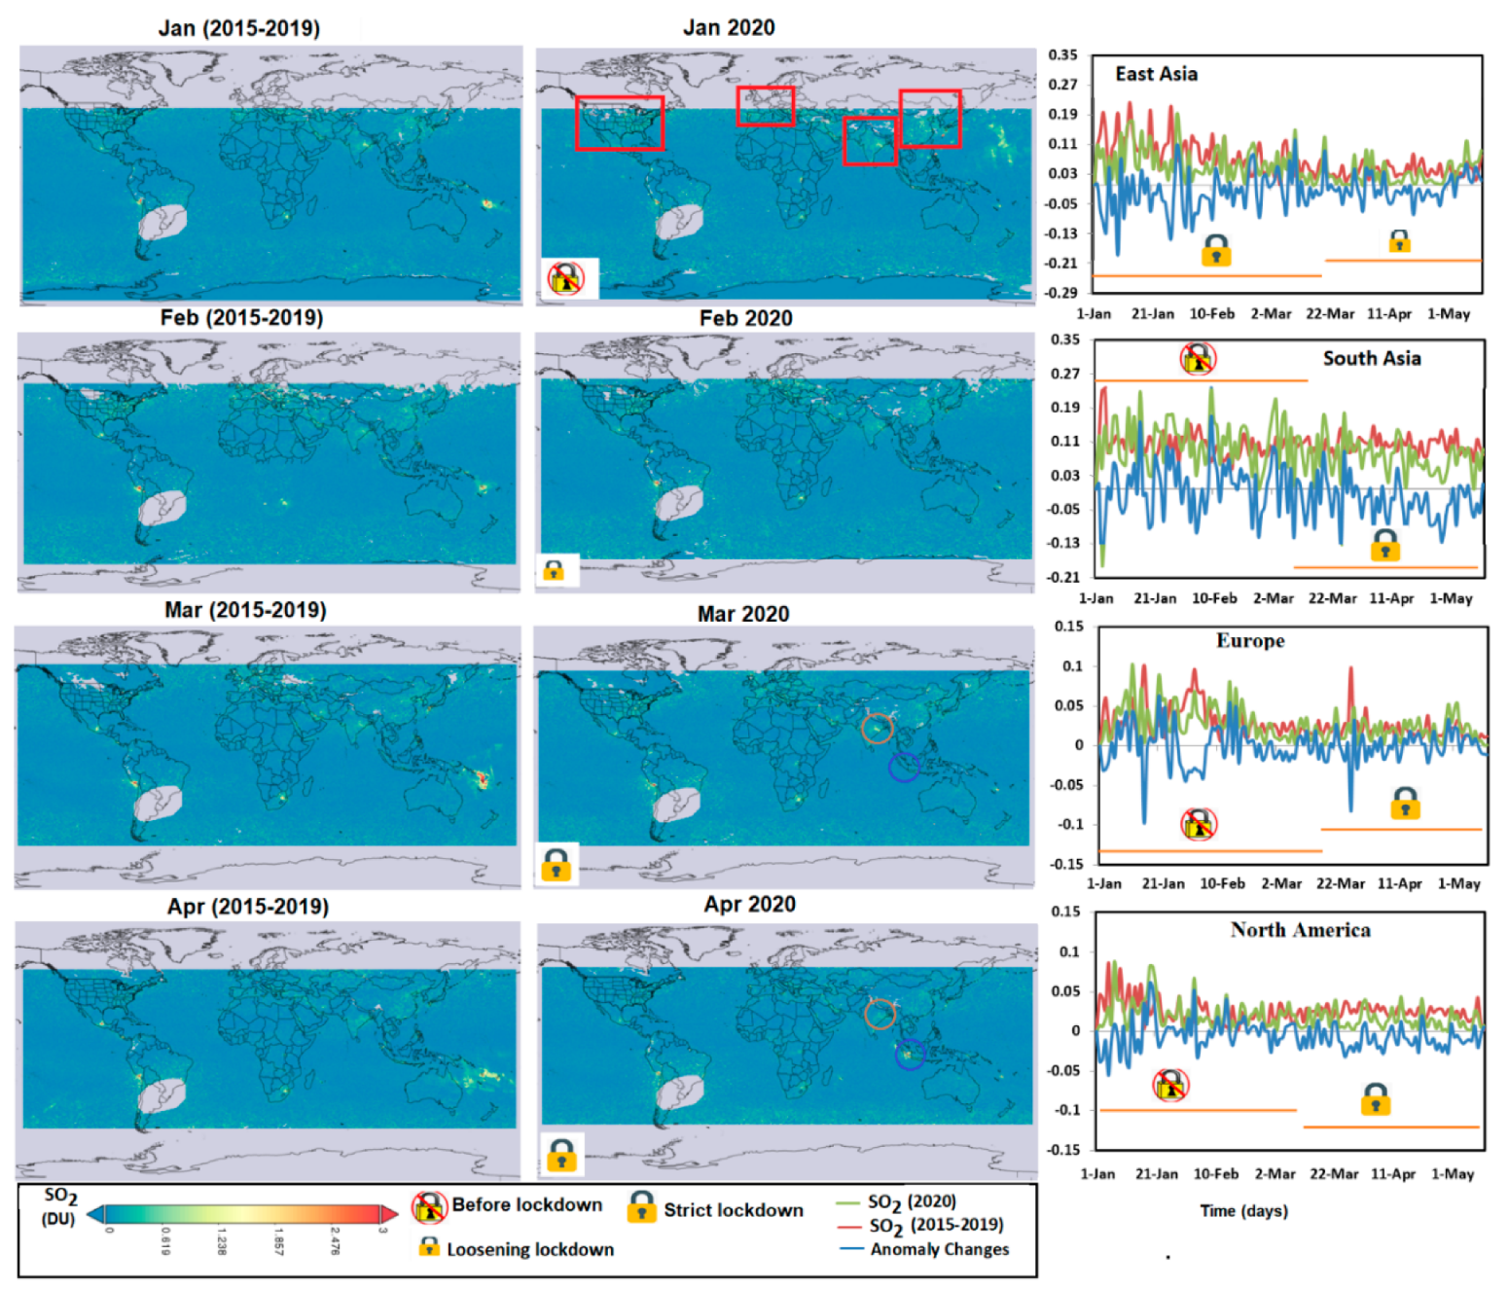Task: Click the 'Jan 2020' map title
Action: [x=728, y=27]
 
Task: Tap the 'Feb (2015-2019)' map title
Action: [x=241, y=317]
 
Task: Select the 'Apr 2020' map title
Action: [x=749, y=904]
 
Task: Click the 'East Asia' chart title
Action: [x=1156, y=74]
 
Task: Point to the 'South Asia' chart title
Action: [x=1371, y=358]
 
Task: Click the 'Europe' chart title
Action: [x=1249, y=640]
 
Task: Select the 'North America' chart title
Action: [x=1300, y=929]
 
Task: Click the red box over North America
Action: [x=620, y=123]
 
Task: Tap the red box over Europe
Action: [x=765, y=106]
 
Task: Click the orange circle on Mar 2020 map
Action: [x=877, y=728]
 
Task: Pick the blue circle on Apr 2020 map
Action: [x=909, y=1055]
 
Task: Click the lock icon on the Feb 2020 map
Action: [x=554, y=570]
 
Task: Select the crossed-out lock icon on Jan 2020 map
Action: [x=566, y=278]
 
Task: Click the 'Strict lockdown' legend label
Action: [x=734, y=1210]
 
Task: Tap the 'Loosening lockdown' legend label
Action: [x=530, y=1249]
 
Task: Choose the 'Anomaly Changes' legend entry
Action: [x=939, y=1249]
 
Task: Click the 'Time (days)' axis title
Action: [x=1243, y=1210]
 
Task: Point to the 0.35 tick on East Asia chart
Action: [x=1062, y=54]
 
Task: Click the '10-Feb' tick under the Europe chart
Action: [x=1222, y=883]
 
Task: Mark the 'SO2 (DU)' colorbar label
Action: [x=59, y=1205]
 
